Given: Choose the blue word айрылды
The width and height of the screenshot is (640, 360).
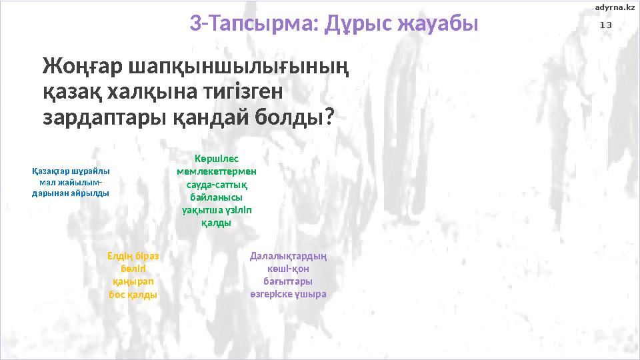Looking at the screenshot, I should click(x=91, y=193).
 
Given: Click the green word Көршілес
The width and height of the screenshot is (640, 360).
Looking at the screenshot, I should click(x=217, y=159).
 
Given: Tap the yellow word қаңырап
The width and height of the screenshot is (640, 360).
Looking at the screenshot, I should click(x=133, y=281).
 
